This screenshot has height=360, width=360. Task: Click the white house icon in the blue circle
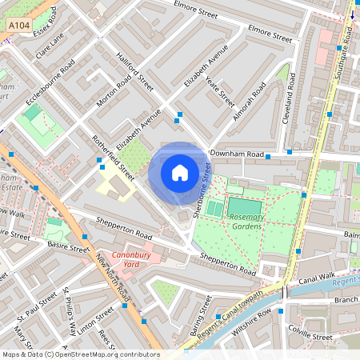[180, 173]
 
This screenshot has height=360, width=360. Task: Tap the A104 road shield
[20, 27]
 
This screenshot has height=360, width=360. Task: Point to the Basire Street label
[68, 249]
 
